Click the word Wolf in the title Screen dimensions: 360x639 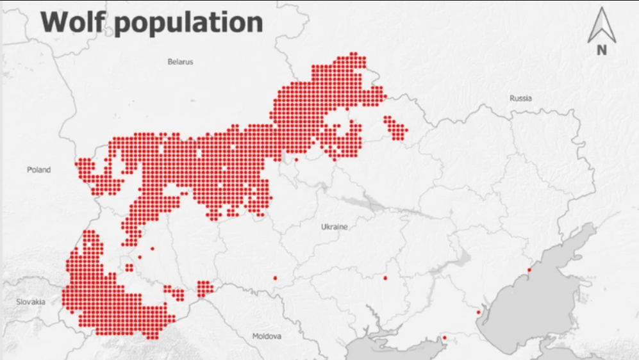76,22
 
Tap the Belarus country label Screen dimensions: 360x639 180,62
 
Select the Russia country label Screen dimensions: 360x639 520,98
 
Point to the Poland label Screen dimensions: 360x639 38,170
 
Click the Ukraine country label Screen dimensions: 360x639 334,227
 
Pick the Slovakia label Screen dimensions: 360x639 31,302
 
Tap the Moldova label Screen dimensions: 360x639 267,336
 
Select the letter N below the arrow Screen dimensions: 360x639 601,51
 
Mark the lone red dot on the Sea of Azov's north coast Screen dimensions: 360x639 529,270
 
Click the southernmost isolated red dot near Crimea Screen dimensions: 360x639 444,338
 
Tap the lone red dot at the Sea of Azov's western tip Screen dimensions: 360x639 478,313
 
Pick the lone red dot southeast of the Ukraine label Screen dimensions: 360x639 385,278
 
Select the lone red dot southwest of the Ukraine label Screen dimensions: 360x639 275,278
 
